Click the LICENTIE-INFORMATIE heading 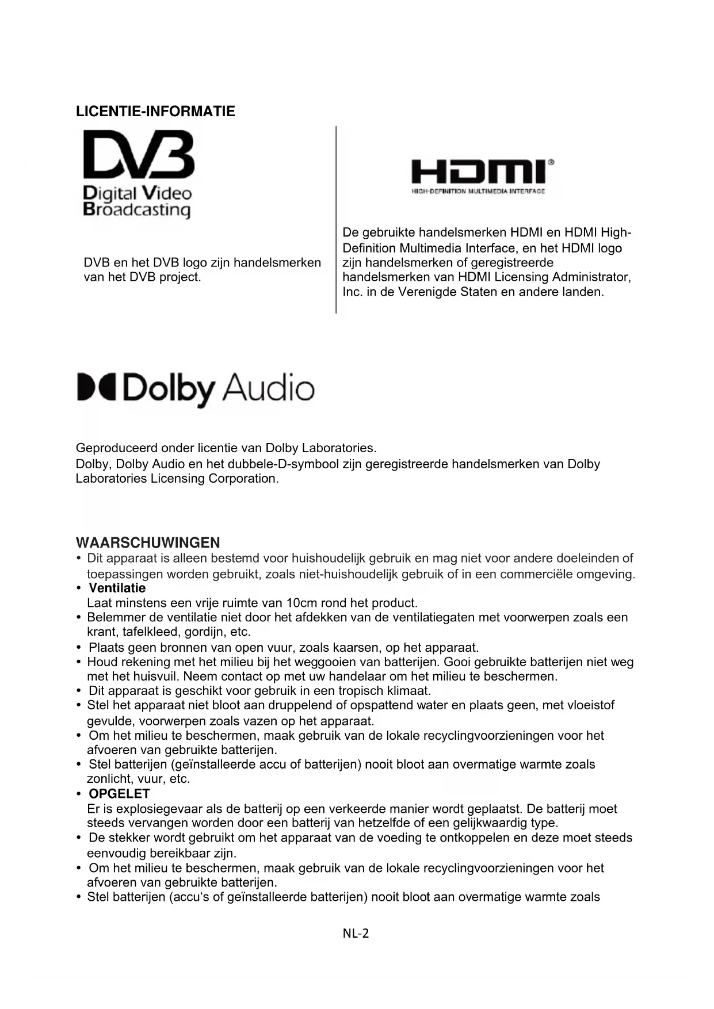[x=155, y=111]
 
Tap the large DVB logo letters [x=139, y=155]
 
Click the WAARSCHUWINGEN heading [x=148, y=542]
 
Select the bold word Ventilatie [x=117, y=588]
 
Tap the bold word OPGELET [x=119, y=794]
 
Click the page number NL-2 [x=356, y=933]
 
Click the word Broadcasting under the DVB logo [x=137, y=209]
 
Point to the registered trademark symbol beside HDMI [x=551, y=162]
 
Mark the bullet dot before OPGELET [x=78, y=794]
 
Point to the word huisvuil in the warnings [x=155, y=676]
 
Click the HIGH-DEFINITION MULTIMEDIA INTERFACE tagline [x=478, y=191]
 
